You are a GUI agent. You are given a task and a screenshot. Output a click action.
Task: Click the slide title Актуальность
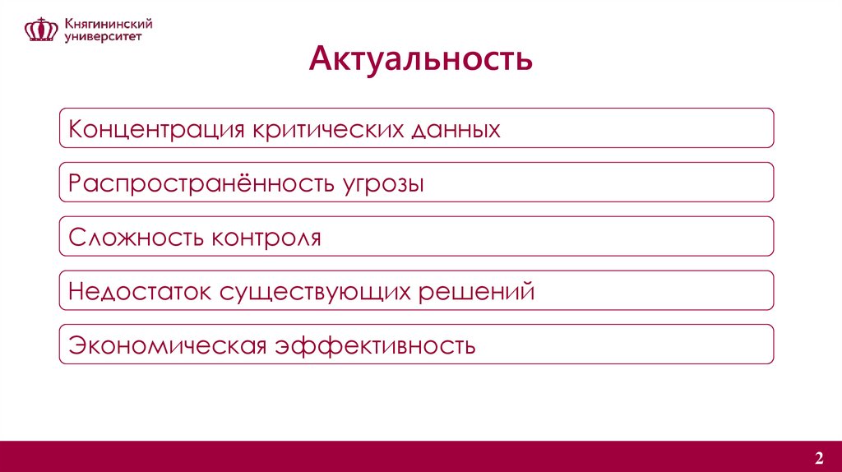(x=420, y=60)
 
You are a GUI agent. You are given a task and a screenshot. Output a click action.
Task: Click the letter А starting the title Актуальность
(x=320, y=60)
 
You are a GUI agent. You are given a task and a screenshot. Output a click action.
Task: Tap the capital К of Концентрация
(x=76, y=129)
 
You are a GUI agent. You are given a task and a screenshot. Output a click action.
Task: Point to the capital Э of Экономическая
(x=76, y=345)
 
